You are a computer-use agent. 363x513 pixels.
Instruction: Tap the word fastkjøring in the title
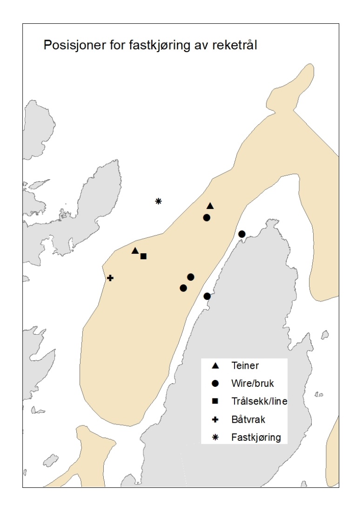[150, 46]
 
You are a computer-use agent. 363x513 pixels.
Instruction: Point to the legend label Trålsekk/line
[259, 402]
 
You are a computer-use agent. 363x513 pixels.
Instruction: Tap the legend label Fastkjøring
[256, 438]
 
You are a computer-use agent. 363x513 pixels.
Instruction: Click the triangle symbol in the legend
[215, 365]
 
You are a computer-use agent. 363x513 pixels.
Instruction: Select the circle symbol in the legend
[215, 384]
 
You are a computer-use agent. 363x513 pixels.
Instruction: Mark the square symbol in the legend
[215, 402]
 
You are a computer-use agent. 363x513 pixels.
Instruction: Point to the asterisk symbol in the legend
[215, 438]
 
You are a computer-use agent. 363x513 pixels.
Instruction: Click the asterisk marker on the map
[158, 201]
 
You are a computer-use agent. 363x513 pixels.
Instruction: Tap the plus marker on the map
[110, 278]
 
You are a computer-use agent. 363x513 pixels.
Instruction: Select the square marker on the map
[143, 256]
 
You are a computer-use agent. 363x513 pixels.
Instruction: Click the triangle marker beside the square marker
[135, 251]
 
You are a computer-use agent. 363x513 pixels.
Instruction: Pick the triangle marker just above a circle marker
[210, 206]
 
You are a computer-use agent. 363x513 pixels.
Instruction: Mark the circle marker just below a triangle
[207, 217]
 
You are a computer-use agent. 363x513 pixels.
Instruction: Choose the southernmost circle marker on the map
[207, 296]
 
